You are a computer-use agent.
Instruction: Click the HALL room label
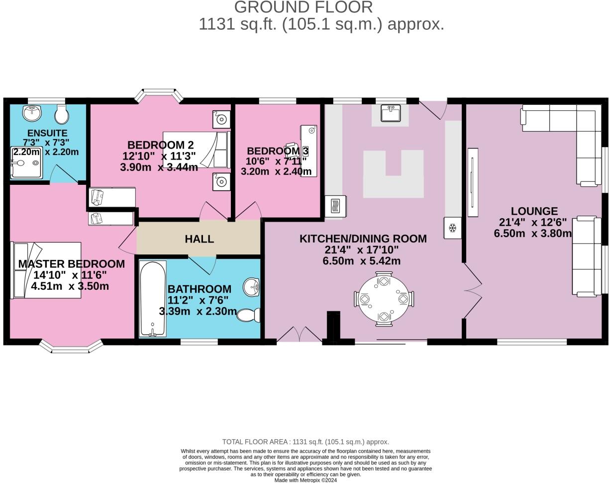(x=199, y=239)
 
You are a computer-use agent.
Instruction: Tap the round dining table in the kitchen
(x=384, y=299)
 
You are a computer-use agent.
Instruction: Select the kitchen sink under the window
(x=391, y=113)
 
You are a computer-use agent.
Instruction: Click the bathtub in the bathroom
(x=153, y=299)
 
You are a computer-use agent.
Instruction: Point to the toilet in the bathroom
(x=248, y=315)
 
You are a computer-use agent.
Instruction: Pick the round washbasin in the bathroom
(x=252, y=287)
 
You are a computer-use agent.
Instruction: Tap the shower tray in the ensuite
(x=26, y=162)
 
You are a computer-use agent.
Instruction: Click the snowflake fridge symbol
(x=452, y=228)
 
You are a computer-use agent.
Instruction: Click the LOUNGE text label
(x=534, y=211)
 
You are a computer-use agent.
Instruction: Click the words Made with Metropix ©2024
(x=305, y=480)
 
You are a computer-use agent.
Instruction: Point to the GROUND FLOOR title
(x=303, y=7)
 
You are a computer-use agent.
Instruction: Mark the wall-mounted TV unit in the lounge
(x=473, y=182)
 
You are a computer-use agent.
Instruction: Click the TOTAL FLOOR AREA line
(x=305, y=442)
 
